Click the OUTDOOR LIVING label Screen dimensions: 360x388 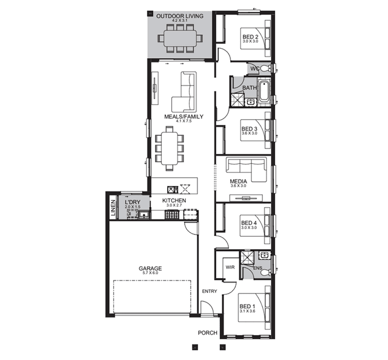coord(180,16)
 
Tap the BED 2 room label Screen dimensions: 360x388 coord(250,36)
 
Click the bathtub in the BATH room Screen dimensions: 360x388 coord(264,92)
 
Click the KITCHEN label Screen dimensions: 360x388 coord(174,200)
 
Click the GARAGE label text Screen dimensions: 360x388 coord(150,268)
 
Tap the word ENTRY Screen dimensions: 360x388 coord(210,291)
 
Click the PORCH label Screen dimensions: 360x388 coord(208,333)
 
